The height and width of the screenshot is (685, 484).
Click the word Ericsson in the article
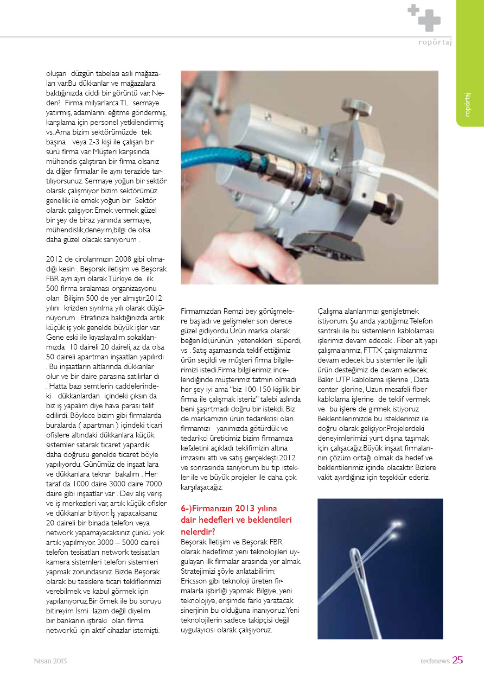[194, 580]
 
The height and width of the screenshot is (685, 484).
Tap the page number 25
[457, 661]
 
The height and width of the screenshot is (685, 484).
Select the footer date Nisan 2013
[50, 661]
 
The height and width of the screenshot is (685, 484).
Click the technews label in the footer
[435, 661]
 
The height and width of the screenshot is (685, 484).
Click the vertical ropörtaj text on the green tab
[468, 104]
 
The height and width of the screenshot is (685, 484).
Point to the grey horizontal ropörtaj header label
[435, 42]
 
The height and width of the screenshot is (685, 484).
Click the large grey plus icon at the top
[429, 20]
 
